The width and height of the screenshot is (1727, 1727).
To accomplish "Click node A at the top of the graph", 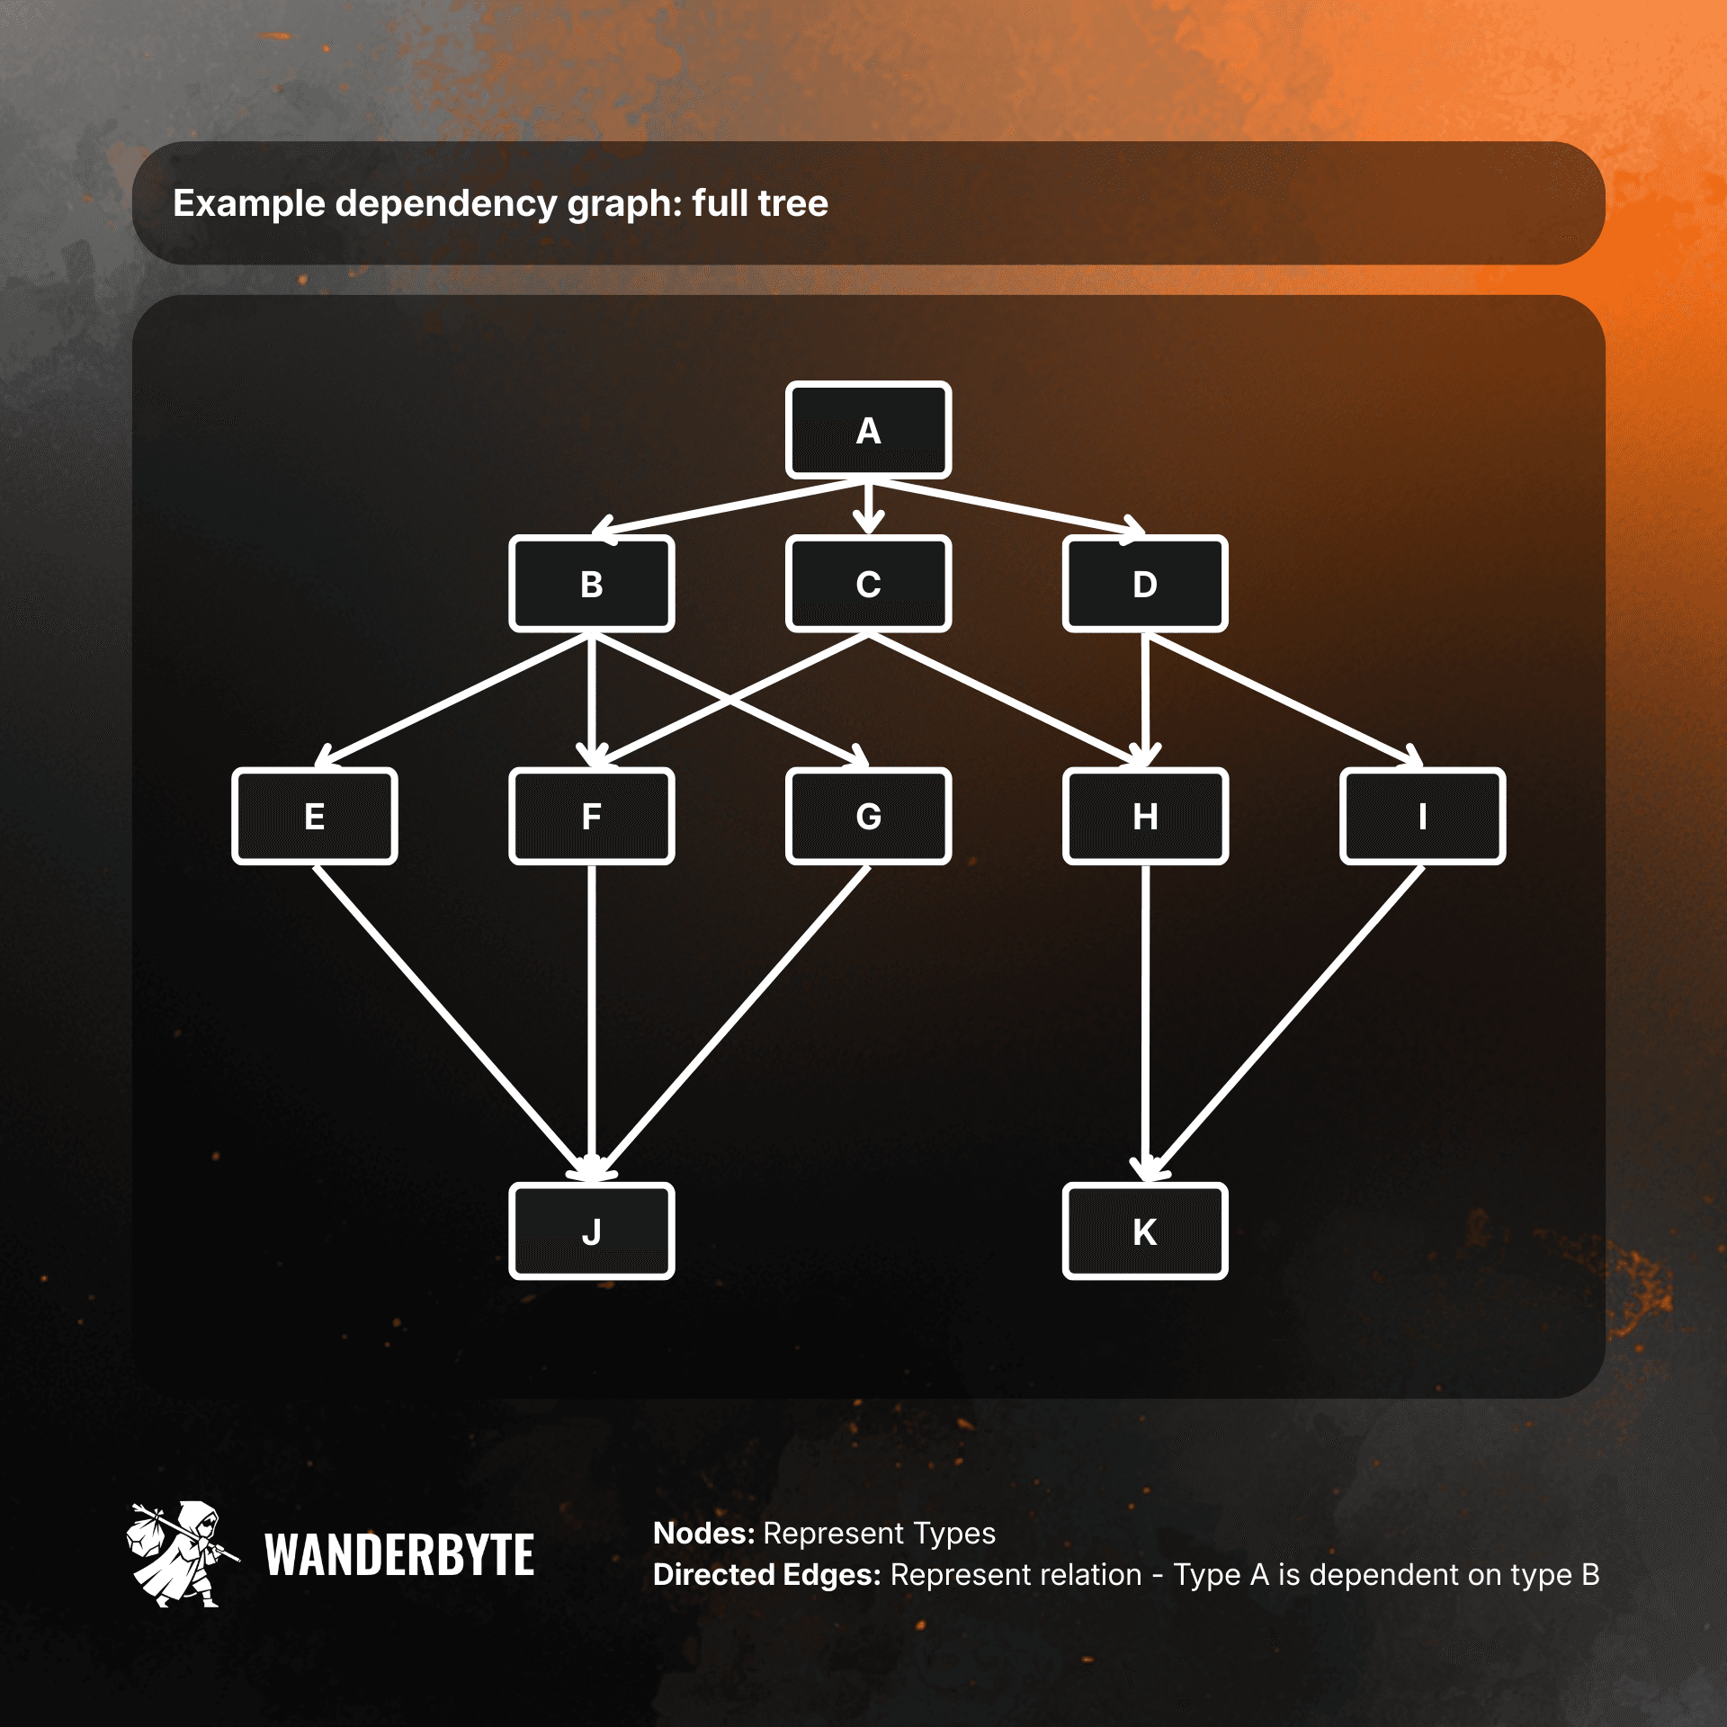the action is tap(868, 430).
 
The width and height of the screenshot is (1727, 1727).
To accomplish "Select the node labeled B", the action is tap(591, 584).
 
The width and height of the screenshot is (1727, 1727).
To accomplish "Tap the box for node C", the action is tap(868, 584).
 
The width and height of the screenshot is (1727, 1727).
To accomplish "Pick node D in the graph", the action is tap(1144, 584).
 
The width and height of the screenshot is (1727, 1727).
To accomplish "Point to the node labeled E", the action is tap(314, 816).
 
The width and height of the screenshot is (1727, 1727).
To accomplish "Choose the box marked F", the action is tap(591, 816).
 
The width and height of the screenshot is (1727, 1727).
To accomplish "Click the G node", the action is tap(868, 816).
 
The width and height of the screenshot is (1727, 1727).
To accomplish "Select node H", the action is tap(1144, 816).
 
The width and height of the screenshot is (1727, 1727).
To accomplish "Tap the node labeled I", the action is tap(1422, 816).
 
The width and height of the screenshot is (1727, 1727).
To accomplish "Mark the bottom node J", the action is tap(591, 1230).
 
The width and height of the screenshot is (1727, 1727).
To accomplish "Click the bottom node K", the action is tap(1144, 1230).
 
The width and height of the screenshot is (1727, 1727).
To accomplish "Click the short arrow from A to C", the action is tap(868, 506).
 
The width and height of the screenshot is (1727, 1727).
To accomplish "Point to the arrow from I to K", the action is tap(1286, 1021).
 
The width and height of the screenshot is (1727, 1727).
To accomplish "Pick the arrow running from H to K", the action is tap(1144, 1021).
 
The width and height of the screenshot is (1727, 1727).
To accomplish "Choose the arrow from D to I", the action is tap(1282, 700).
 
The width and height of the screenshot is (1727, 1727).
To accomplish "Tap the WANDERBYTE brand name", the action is tap(399, 1556).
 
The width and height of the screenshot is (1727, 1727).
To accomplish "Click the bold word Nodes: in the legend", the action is tap(703, 1533).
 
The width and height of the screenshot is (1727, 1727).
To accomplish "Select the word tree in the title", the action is tap(792, 203).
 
